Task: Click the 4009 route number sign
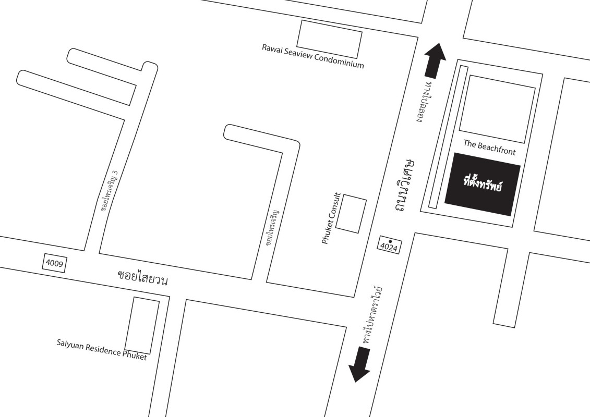[x=54, y=263]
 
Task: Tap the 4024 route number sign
[x=389, y=245]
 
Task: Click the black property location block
[x=483, y=184]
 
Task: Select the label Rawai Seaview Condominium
[x=313, y=56]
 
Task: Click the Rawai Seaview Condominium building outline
[x=330, y=39]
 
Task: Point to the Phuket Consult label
[x=331, y=218]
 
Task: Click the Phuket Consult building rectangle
[x=351, y=214]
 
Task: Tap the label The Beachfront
[x=489, y=148]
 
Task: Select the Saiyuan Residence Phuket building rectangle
[x=142, y=326]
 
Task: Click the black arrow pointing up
[x=435, y=60]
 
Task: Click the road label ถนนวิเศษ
[x=405, y=185]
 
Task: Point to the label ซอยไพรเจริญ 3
[x=110, y=190]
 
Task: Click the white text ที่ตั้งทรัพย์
[x=483, y=184]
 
